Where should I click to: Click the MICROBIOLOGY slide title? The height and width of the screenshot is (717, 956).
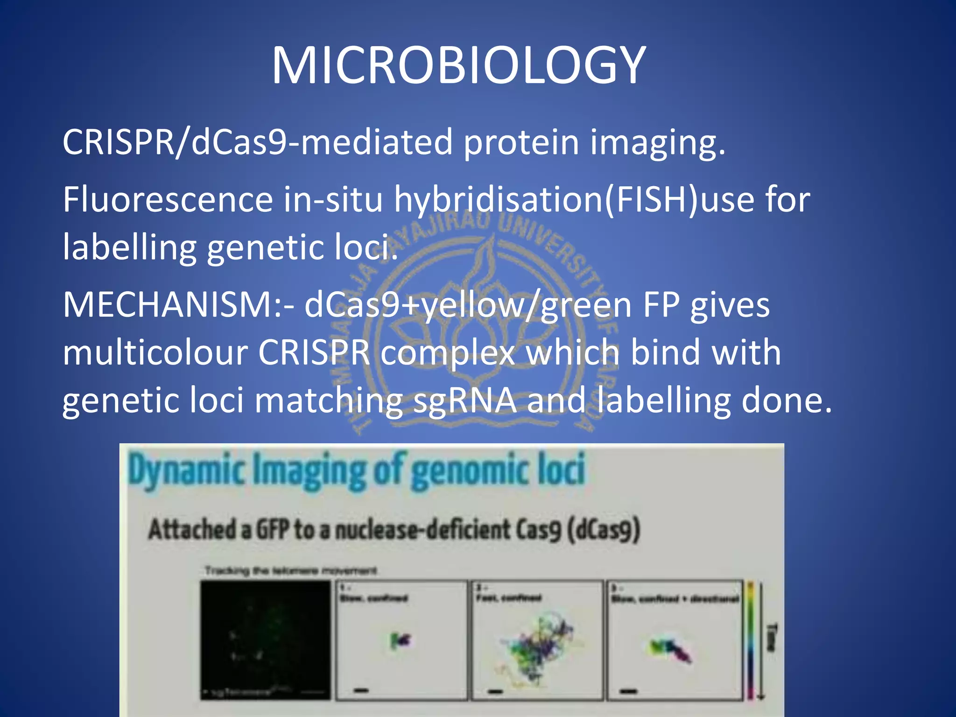(x=459, y=65)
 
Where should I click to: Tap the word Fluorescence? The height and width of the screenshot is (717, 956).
(x=168, y=200)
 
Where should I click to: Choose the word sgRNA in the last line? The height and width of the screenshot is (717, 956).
(x=464, y=401)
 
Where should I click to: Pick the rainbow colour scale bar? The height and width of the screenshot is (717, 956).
(x=751, y=640)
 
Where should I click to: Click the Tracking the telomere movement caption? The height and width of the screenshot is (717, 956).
(x=290, y=571)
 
